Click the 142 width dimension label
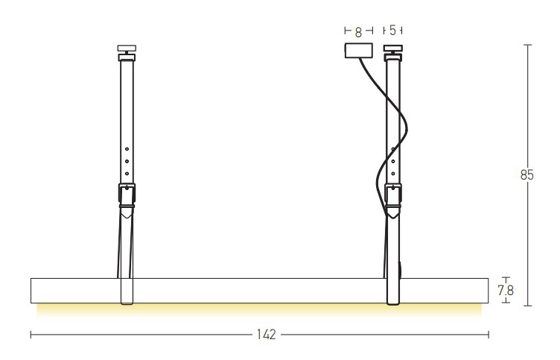coord(267,335)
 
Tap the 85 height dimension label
coord(526,175)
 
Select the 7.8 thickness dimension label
coord(506,290)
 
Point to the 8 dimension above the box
coord(359,32)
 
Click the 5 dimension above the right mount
coord(393,31)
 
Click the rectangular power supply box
coord(359,51)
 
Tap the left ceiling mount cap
coord(127,48)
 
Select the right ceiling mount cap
coord(393,48)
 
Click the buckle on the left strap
coord(127,195)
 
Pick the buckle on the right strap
coord(393,195)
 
